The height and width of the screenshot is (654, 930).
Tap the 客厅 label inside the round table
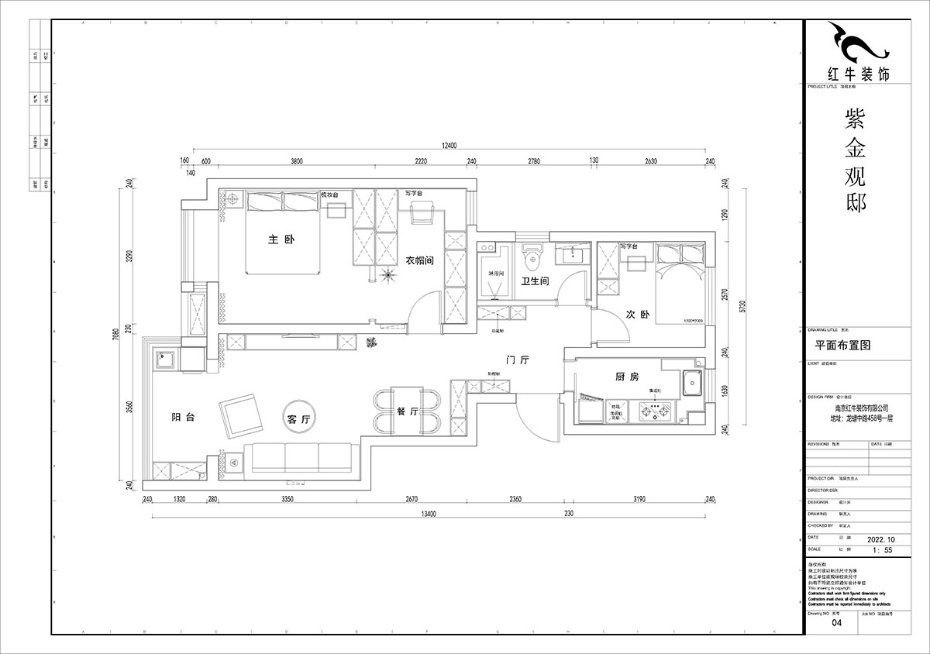coord(298,419)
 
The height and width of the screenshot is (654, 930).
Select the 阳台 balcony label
coord(183,417)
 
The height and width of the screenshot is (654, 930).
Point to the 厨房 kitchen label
coord(626,377)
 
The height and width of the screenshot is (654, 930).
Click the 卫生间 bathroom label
coord(535,282)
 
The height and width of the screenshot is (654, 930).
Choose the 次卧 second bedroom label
coord(636,315)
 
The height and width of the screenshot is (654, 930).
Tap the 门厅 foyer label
coord(517,361)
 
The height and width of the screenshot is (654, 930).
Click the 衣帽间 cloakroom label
coord(419,261)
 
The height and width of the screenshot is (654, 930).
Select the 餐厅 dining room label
coord(407,412)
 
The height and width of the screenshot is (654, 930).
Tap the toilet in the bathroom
coord(532,253)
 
